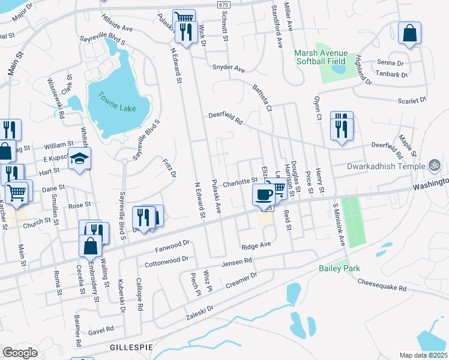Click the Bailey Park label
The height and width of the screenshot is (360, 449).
point(339,268)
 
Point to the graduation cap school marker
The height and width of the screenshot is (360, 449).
point(79,159)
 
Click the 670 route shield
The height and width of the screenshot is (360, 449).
point(223,4)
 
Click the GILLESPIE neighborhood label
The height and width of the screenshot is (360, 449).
point(128,347)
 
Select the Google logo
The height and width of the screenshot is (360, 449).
point(20,353)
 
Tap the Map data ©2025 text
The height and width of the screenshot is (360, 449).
point(423,355)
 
